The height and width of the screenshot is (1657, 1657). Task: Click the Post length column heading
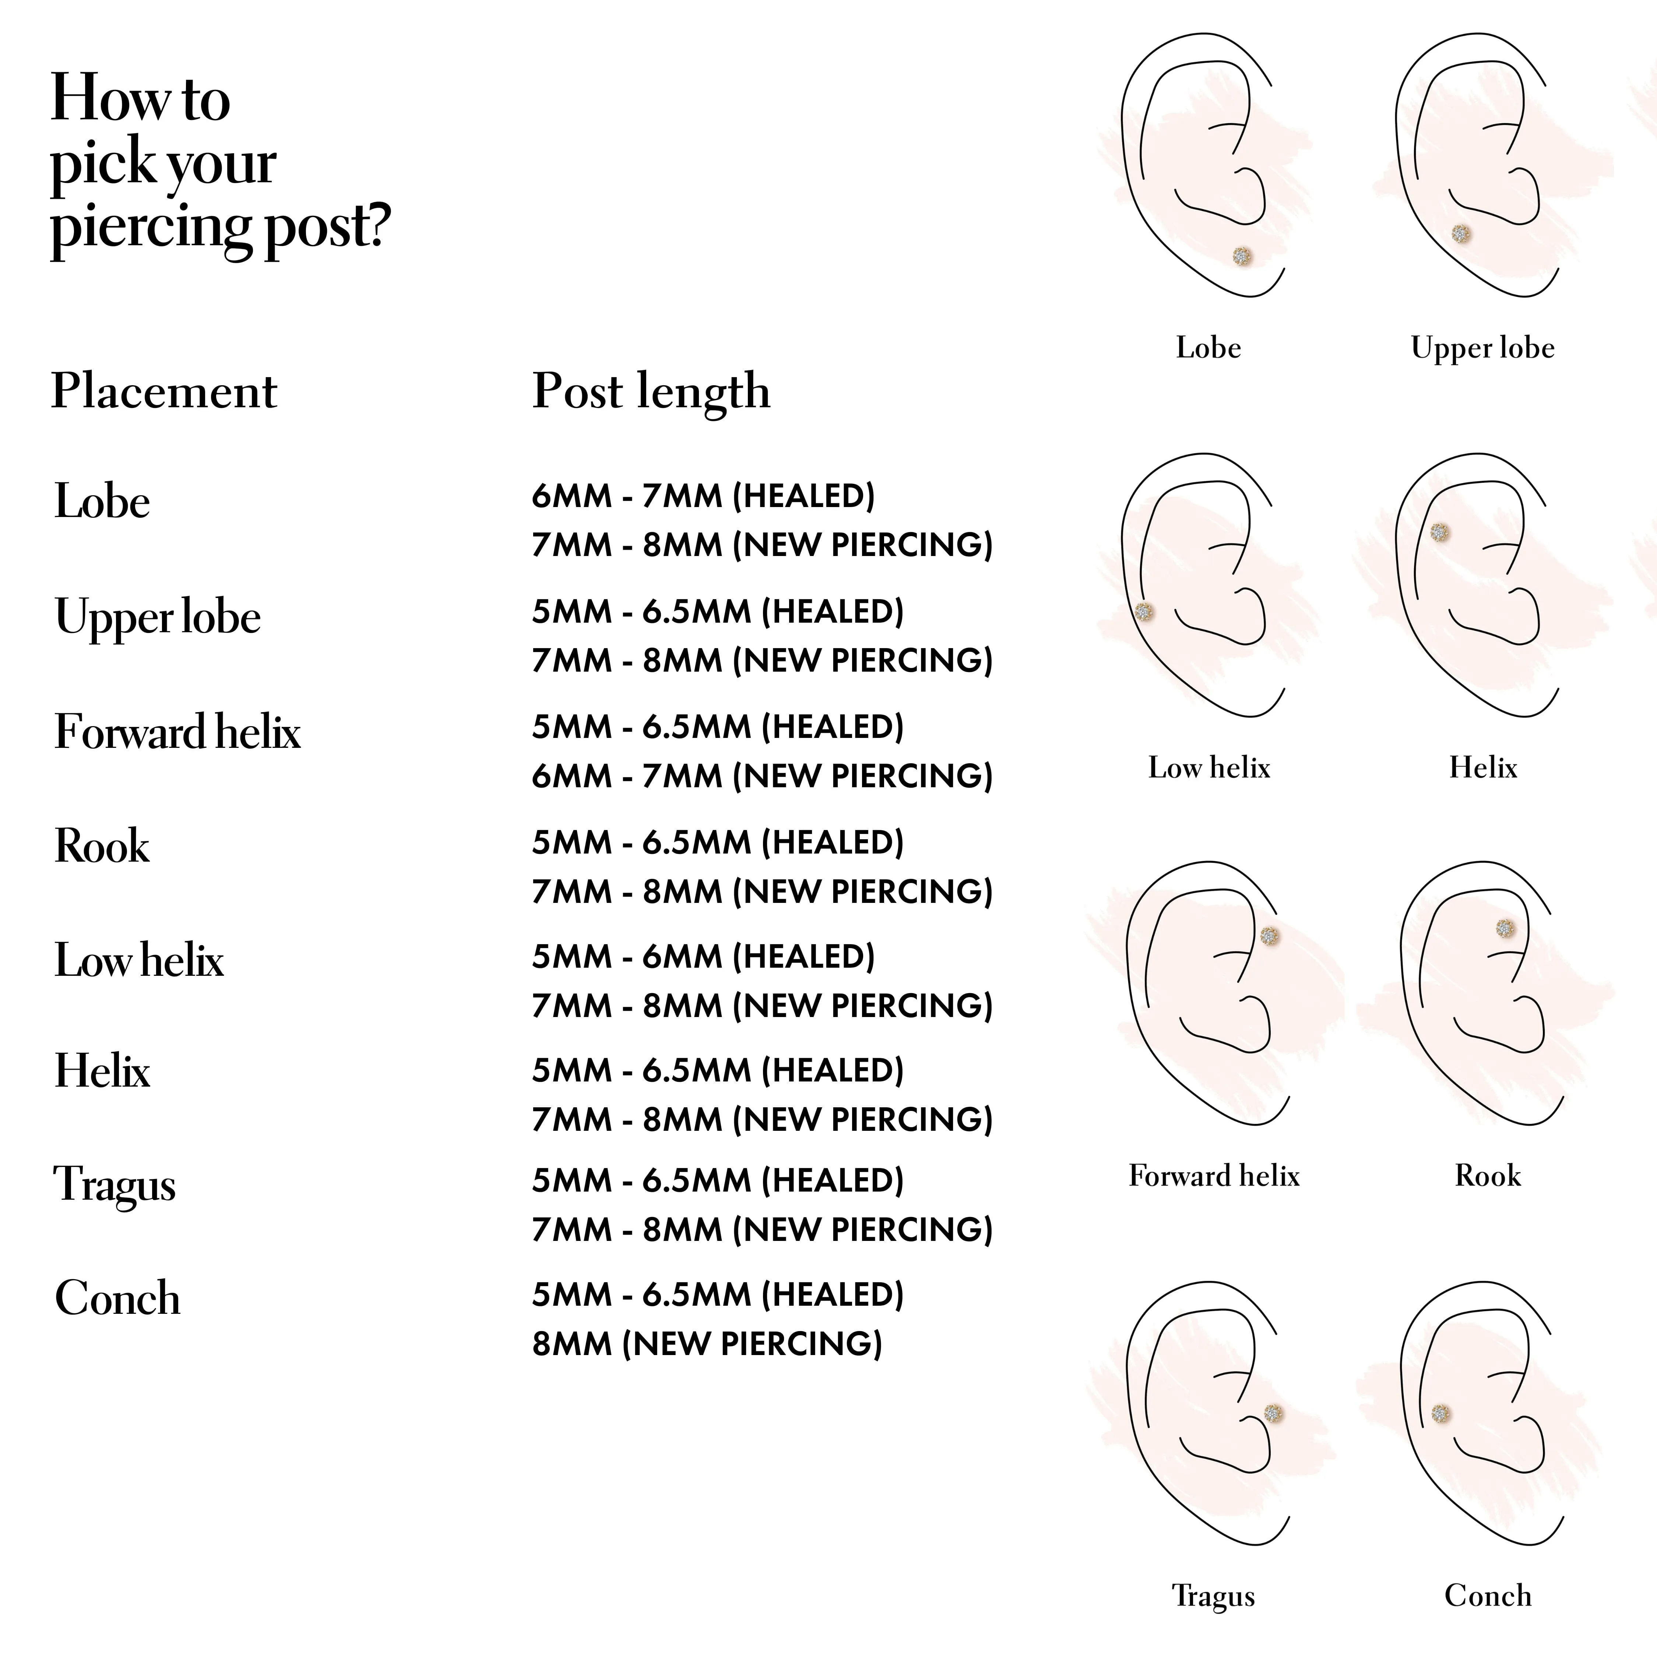[x=651, y=392]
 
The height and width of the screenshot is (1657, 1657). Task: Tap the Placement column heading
[x=164, y=392]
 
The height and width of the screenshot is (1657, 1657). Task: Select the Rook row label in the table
[x=102, y=847]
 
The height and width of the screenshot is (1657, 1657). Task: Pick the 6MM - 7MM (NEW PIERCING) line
[x=761, y=776]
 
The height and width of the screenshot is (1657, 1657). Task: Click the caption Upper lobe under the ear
[x=1482, y=348]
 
